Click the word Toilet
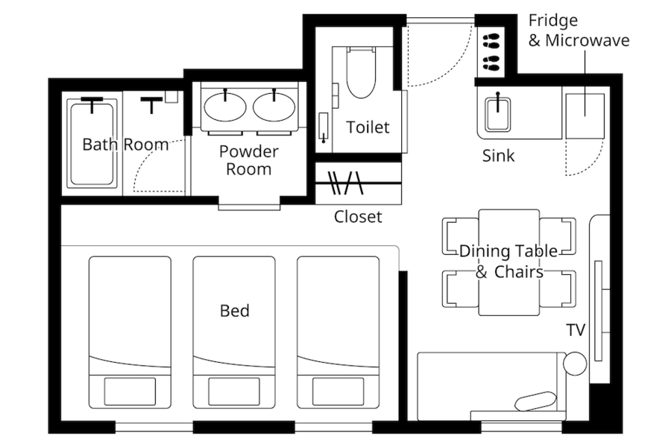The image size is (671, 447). point(368,127)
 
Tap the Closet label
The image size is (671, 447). point(358,217)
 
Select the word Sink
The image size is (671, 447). point(498,156)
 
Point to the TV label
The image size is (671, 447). point(576,330)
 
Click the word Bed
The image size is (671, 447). point(235,311)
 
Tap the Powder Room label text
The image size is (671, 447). point(248,160)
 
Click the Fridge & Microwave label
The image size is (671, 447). point(579,31)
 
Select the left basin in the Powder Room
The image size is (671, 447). point(225,107)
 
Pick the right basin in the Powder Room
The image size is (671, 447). point(274,107)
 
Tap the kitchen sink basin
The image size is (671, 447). point(498,114)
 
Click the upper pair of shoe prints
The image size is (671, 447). point(491,42)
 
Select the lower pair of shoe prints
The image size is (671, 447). point(491,63)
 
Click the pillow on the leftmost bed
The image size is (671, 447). point(130,391)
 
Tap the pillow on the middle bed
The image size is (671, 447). point(233,391)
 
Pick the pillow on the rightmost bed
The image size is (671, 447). point(338,391)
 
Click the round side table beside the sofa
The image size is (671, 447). point(575,364)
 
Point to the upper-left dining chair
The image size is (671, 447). point(460,236)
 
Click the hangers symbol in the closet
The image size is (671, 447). point(345,183)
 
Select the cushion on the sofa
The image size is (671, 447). point(536,401)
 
